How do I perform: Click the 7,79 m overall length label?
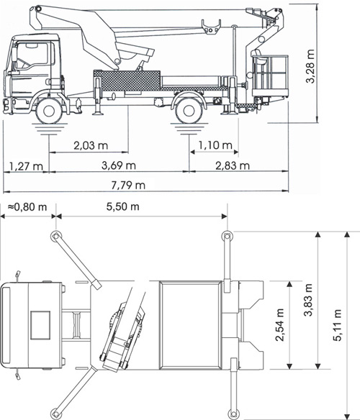click(x=128, y=185)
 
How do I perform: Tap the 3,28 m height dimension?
click(x=310, y=66)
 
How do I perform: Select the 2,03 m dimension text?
click(x=91, y=145)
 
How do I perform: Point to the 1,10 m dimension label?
click(x=215, y=145)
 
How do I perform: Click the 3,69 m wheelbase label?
click(x=119, y=165)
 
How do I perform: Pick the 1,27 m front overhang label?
click(x=26, y=166)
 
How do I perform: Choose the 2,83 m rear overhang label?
click(x=233, y=166)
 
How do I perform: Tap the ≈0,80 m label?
click(x=27, y=207)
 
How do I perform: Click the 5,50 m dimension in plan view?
click(x=123, y=206)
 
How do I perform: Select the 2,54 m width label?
click(x=280, y=325)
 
